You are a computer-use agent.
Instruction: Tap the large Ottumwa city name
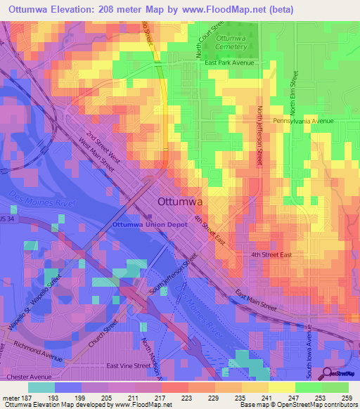pos(181,201)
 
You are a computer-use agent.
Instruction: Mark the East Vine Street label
pos(128,365)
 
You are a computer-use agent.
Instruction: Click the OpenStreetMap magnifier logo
pos(327,372)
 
